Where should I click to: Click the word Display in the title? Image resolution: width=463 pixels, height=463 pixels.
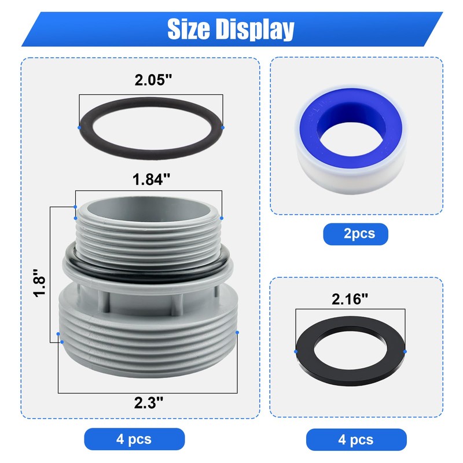255,28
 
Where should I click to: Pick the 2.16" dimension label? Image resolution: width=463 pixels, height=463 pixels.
350,299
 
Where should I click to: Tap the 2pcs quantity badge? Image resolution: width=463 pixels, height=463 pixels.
355,233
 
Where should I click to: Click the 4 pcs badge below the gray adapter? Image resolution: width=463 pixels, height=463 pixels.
134,439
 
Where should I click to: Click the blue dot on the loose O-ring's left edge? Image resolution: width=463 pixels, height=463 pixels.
78,127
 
